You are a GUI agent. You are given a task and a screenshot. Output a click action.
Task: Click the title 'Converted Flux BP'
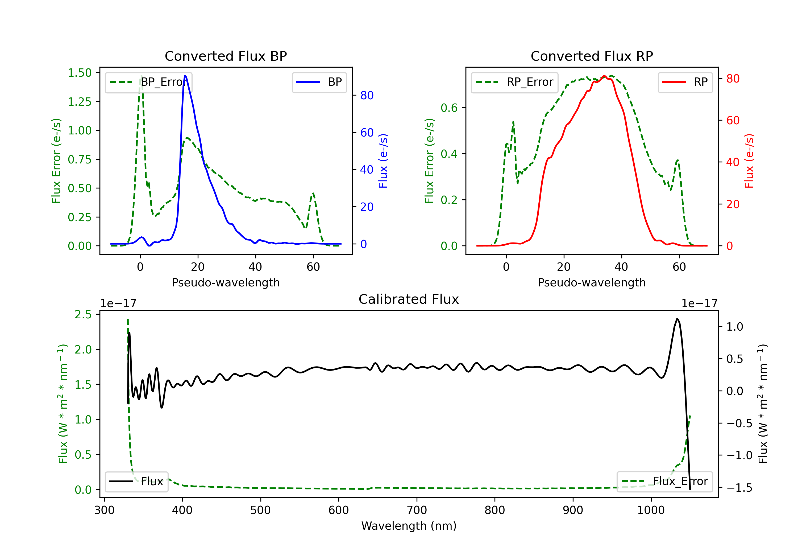[x=226, y=56]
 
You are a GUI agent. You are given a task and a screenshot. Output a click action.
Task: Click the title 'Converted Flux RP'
[x=592, y=56]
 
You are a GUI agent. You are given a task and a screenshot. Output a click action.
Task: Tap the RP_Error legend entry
[x=514, y=82]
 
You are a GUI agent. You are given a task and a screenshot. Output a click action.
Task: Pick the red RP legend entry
[x=685, y=82]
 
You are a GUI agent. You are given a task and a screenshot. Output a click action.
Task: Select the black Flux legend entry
[x=137, y=482]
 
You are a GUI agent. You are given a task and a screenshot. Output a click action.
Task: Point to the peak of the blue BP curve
[x=185, y=76]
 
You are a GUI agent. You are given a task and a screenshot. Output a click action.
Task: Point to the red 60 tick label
[x=733, y=120]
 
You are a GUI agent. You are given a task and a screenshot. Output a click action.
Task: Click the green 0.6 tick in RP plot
[x=449, y=108]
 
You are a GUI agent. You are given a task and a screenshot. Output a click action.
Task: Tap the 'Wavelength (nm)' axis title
[x=409, y=526]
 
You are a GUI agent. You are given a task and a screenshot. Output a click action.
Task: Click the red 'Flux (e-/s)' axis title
[x=749, y=161]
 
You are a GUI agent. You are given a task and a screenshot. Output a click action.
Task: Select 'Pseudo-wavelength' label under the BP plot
[x=226, y=282]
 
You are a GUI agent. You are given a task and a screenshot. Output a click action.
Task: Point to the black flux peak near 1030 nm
[x=677, y=319]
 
